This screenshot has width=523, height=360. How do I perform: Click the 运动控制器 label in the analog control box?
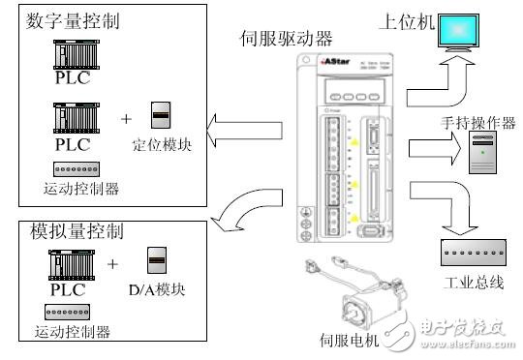click(x=77, y=332)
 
